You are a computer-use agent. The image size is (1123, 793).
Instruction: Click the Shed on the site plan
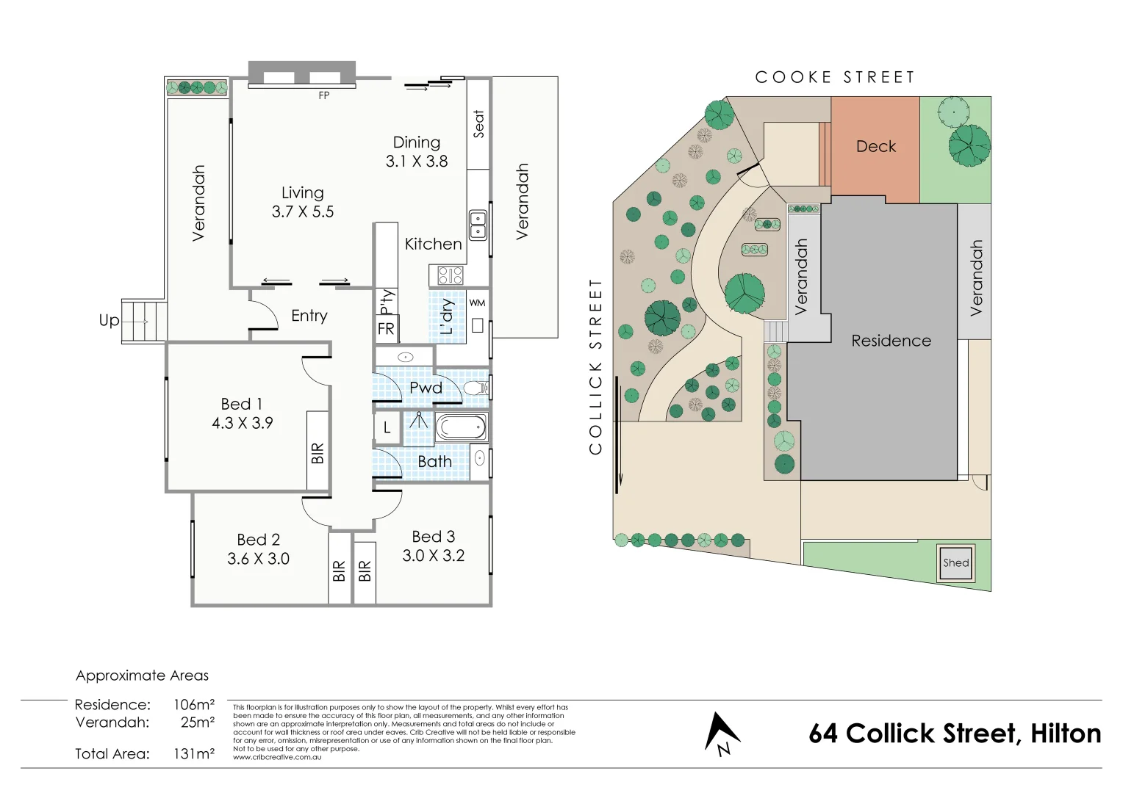[955, 563]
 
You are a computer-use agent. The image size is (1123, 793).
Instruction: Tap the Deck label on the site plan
[875, 146]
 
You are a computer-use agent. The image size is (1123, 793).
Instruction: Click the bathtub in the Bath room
[461, 427]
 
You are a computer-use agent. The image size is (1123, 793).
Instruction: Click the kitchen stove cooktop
[451, 275]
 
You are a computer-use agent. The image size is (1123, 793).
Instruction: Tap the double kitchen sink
[478, 225]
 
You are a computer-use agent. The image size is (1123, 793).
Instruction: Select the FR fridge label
[386, 329]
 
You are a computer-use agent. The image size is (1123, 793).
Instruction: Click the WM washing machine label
[477, 303]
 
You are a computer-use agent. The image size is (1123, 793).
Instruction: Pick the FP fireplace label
[323, 95]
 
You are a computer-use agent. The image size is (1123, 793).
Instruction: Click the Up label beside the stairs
[109, 320]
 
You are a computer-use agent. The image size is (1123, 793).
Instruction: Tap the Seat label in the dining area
[478, 124]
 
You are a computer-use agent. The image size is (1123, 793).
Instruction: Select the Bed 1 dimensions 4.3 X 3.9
[242, 423]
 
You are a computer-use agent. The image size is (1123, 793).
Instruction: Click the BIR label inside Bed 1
[317, 453]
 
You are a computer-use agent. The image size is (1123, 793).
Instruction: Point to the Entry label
[309, 316]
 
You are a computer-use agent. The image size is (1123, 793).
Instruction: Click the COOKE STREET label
[835, 77]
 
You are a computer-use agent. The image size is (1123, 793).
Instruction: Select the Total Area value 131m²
[193, 753]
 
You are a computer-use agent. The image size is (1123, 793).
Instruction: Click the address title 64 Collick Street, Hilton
[954, 734]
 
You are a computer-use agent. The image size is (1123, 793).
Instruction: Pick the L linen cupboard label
[387, 427]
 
